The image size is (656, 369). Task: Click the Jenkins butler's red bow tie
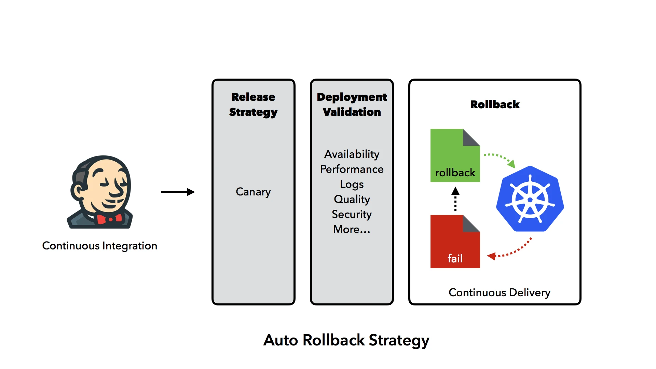pos(109,219)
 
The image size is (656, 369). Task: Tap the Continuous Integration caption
pos(99,246)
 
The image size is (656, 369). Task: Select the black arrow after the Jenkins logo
pos(178,192)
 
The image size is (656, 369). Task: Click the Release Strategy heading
pos(253,105)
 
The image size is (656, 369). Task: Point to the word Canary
pos(253,192)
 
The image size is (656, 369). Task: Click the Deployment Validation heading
pos(352,105)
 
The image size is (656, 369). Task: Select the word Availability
pos(352,154)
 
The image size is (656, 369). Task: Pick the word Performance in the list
pos(352,169)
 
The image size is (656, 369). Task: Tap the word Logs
pos(352,184)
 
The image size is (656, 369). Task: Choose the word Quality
pos(352,199)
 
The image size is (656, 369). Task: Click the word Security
pos(352,214)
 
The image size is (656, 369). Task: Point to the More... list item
pos(352,229)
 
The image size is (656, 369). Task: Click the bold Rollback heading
pos(495,105)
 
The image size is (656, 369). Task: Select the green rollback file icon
pos(455,155)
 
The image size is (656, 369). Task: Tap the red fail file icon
pos(455,242)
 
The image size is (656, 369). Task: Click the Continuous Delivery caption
pos(499,292)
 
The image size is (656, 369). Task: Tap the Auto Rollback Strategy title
pos(346,340)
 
